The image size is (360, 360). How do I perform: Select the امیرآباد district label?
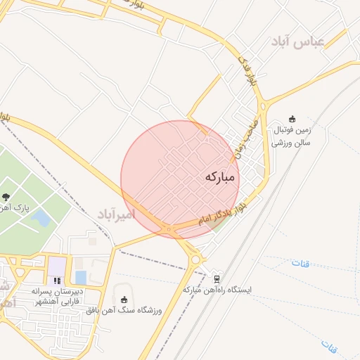115,213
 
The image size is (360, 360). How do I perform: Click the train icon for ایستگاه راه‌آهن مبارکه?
217,278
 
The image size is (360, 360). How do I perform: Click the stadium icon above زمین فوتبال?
292,120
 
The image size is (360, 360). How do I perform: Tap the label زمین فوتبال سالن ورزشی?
292,136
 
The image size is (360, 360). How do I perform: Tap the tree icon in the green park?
6,197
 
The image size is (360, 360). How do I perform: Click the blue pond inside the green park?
41,218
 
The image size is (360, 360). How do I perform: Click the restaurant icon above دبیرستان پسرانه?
57,281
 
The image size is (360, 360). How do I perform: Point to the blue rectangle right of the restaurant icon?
80,278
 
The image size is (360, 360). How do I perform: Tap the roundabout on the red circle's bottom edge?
169,229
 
